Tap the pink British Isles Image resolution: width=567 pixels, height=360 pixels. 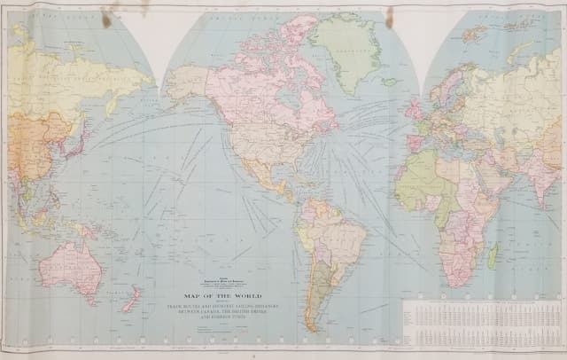413,111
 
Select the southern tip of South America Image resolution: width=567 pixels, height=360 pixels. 312,324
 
